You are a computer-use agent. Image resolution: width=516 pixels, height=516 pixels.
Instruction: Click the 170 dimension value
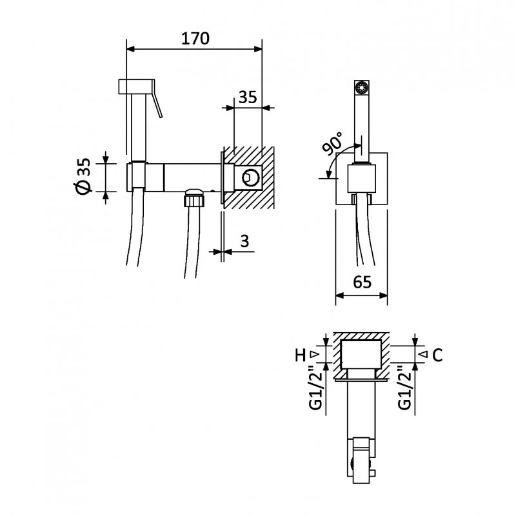[x=195, y=38]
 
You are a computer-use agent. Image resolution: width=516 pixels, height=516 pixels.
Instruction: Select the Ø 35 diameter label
[x=82, y=176]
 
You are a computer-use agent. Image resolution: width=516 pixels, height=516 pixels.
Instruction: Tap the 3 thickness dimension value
[x=244, y=241]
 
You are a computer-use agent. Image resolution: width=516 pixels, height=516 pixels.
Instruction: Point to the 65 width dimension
[x=362, y=283]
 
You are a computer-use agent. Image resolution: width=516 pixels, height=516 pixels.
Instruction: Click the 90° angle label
[x=333, y=144]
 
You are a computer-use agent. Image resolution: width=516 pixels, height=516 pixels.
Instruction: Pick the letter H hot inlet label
[x=300, y=355]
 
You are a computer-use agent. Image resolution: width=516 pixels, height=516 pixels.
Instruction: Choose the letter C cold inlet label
[x=437, y=355]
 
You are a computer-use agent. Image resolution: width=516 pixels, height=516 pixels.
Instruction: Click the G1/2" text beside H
[x=315, y=388]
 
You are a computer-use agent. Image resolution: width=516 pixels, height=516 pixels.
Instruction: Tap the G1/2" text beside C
[x=404, y=388]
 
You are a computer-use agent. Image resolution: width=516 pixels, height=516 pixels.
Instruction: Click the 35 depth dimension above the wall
[x=248, y=97]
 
